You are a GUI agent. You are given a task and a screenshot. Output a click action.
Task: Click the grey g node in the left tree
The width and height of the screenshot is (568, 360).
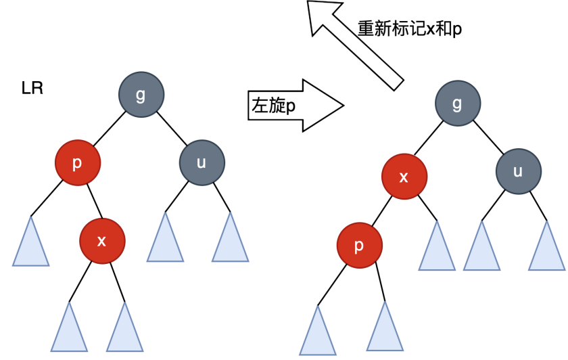click(141, 95)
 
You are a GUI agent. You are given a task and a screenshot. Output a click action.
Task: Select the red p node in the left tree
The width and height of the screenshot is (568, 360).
click(78, 162)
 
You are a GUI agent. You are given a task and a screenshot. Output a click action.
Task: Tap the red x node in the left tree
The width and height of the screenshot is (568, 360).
click(101, 240)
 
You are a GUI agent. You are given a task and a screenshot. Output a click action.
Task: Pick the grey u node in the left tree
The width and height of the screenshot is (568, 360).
click(202, 162)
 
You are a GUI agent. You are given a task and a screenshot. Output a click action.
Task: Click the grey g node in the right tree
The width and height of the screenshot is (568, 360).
click(457, 104)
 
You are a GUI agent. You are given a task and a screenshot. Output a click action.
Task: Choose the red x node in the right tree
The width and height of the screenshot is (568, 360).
click(404, 177)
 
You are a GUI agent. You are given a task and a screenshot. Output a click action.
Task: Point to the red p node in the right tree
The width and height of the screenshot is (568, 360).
click(358, 244)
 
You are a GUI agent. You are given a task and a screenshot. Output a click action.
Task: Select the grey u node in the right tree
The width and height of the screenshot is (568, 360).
click(517, 171)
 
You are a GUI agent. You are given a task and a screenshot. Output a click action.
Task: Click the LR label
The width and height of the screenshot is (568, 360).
click(32, 89)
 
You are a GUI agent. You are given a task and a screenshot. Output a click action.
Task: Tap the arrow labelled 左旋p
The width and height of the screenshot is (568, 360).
click(295, 106)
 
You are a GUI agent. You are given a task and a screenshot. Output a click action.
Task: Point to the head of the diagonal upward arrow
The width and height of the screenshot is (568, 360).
click(321, 15)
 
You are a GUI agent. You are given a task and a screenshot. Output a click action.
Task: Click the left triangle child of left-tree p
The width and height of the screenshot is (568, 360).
click(30, 244)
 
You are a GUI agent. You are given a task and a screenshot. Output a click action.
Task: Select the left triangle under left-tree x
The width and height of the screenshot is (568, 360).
click(69, 330)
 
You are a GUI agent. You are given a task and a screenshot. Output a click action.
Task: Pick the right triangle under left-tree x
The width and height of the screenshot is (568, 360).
click(124, 330)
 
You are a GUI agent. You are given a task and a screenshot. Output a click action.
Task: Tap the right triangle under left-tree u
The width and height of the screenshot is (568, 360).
click(230, 241)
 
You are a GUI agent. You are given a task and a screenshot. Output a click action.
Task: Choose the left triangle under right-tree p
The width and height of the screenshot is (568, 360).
click(317, 334)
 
